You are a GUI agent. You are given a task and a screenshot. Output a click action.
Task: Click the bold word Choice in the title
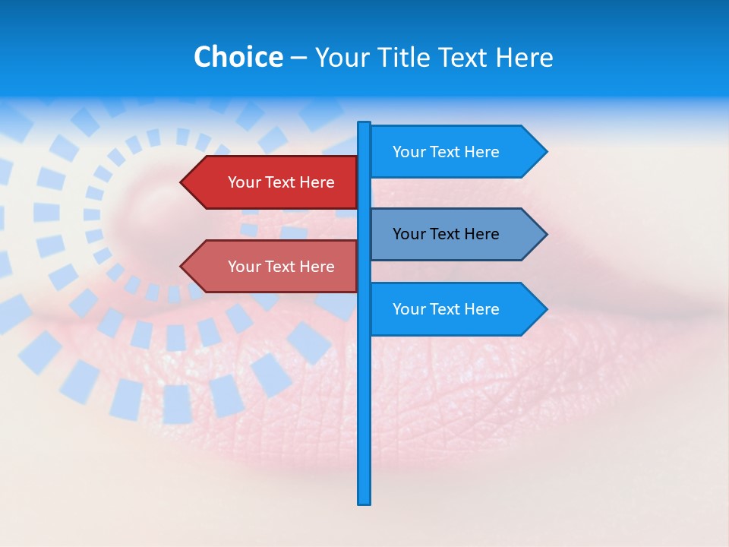238,57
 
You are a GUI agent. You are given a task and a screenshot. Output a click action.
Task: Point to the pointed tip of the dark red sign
182,182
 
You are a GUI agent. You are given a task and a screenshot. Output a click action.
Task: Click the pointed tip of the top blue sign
546,152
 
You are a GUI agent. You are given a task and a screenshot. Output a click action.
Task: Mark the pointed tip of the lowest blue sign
546,309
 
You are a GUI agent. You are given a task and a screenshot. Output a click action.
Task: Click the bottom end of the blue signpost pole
364,502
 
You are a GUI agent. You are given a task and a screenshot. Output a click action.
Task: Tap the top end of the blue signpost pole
364,124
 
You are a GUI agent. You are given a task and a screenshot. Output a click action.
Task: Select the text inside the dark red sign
281,182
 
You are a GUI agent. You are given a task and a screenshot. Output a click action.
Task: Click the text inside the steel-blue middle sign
446,234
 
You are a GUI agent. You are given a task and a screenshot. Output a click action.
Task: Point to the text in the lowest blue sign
446,309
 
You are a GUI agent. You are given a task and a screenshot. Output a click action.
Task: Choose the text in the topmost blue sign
446,152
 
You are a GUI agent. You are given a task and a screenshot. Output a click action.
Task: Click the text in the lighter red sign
281,267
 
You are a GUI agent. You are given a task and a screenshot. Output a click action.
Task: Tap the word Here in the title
524,57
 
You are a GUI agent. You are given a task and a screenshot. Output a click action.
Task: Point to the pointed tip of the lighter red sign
182,267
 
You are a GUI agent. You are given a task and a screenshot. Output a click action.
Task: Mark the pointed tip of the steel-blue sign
546,234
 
